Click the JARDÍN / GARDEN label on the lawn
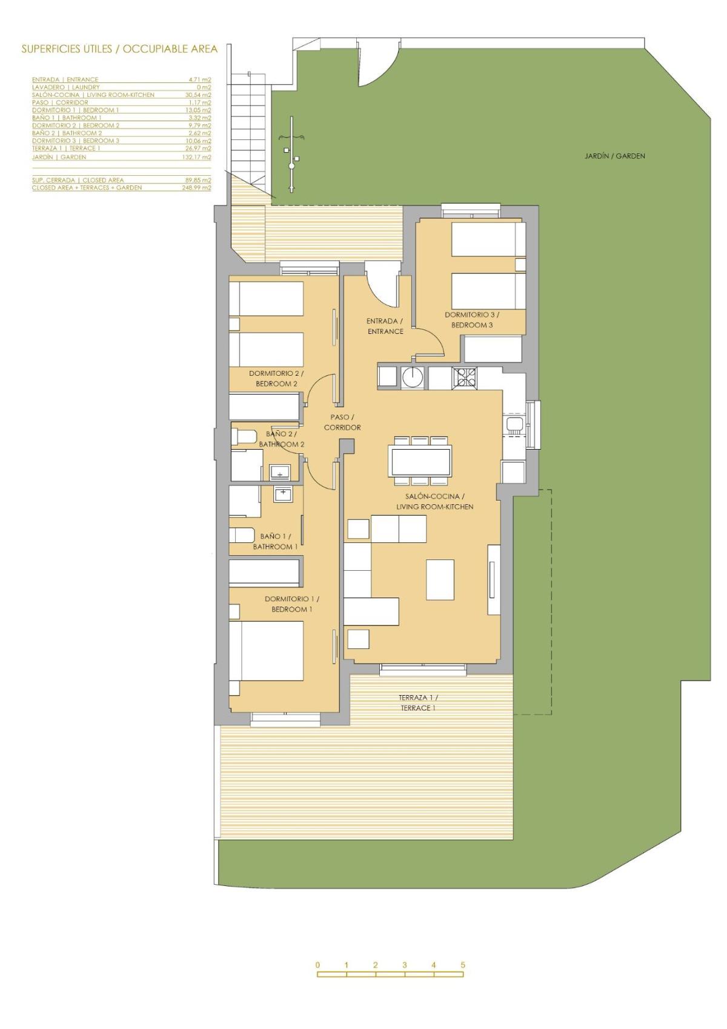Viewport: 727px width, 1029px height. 614,156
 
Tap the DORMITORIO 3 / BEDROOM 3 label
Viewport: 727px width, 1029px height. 472,320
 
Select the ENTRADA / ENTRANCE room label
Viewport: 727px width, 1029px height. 385,326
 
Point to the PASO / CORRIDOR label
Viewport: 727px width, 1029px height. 342,422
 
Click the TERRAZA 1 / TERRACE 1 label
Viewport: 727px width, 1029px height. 418,703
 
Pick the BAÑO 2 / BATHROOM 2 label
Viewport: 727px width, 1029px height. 281,439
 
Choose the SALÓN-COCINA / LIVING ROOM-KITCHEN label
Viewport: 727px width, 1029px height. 434,502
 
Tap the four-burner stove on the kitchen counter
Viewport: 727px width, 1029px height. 465,378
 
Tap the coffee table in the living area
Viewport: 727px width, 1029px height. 440,579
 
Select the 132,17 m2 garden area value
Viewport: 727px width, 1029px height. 198,157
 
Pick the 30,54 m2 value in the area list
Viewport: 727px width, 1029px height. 198,95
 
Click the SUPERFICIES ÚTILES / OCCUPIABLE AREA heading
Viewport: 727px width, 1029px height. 119,49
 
